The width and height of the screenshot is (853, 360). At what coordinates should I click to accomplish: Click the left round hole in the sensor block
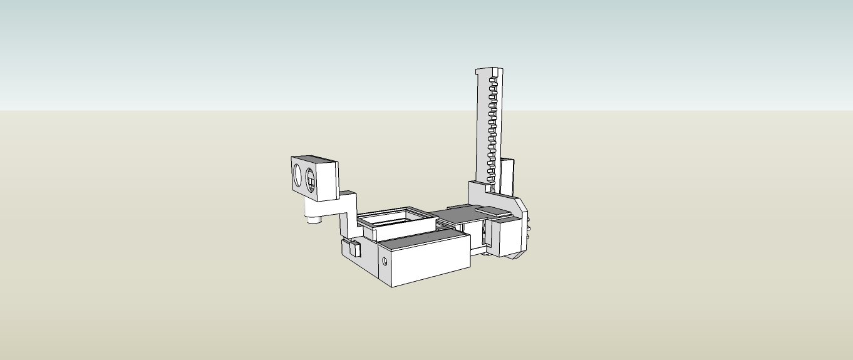tap(298, 173)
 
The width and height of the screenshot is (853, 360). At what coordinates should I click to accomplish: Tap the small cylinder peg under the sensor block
tap(312, 219)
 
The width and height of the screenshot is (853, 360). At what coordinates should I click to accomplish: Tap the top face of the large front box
tap(423, 238)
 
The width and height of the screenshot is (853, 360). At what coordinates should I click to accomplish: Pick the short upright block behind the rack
tap(507, 175)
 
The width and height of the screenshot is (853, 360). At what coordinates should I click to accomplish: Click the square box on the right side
tap(507, 237)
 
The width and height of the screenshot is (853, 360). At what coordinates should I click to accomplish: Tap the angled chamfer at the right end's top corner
tap(519, 202)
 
